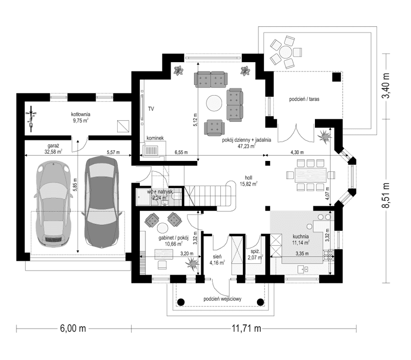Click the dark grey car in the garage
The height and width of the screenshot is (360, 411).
tap(101, 201)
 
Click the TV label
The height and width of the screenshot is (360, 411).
tap(151, 109)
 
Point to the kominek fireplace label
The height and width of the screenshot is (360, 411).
tap(155, 138)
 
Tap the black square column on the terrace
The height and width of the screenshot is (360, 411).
tap(337, 77)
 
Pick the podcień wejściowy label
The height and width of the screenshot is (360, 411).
tap(222, 299)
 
